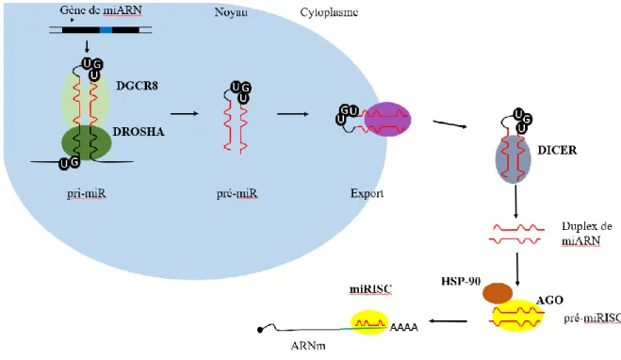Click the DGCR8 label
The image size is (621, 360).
137,86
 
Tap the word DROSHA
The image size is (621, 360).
139,132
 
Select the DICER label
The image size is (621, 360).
557,150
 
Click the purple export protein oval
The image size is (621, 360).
387,119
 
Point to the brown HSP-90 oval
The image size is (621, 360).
498,293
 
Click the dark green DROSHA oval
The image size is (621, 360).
87,142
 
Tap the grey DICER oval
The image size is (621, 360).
514,159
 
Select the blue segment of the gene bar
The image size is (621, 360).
106,30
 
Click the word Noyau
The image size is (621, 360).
231,12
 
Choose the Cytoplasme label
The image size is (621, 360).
329,12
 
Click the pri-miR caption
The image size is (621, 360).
87,193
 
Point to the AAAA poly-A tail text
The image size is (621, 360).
404,327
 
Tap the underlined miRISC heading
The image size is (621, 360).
370,289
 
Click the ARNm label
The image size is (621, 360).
308,346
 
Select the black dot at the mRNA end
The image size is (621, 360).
260,330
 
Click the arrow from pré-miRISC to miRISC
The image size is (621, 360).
448,321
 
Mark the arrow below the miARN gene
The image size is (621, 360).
87,46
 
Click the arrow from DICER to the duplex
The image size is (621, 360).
515,202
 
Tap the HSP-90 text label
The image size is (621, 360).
461,281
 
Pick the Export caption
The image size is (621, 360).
367,193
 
